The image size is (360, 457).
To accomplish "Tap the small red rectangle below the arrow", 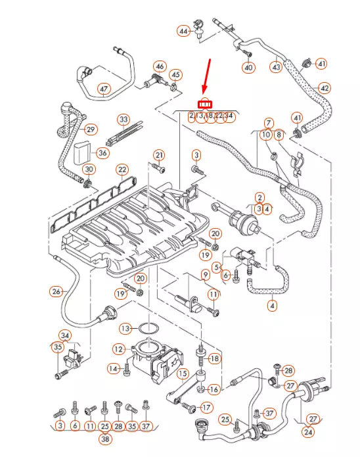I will coord(206,103).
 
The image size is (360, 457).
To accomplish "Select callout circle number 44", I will coord(183,31).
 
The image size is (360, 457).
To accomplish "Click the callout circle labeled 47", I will coord(104,89).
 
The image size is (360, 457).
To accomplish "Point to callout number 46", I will coord(160,66).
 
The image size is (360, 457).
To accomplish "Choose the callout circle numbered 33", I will coord(124,120).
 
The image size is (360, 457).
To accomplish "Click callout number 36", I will coord(102,153).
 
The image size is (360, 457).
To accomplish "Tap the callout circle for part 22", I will coord(122,170).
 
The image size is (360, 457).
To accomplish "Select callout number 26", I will coord(56,291).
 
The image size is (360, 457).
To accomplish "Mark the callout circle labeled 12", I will coord(118,349).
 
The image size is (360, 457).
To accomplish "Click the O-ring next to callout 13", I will coord(148,328).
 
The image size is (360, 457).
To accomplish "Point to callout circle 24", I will coord(308,432).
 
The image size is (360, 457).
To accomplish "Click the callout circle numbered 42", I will coord(325,87).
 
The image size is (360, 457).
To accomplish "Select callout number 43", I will coord(276,66).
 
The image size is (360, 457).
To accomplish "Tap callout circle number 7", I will coord(269,123).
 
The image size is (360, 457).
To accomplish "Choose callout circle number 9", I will coord(206,274).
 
